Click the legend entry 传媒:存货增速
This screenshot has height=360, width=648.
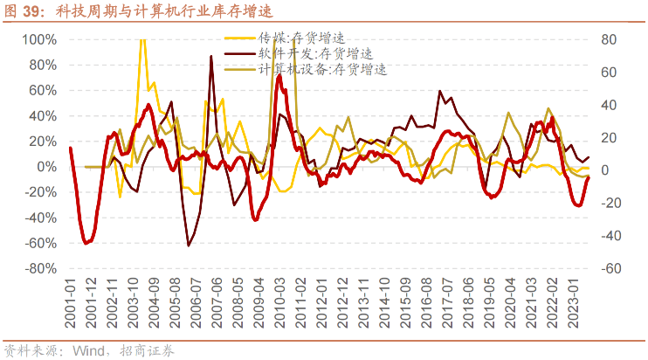click(302, 38)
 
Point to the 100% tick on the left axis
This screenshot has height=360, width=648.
click(39, 39)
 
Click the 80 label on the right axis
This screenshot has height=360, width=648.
click(609, 39)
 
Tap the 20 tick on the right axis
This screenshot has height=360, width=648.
click(609, 138)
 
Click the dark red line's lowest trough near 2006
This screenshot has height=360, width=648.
click(189, 246)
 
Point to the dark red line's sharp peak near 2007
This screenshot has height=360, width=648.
click(211, 57)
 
